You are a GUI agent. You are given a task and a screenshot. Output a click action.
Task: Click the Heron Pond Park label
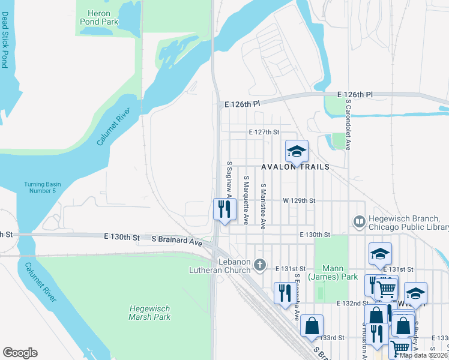point(100,17)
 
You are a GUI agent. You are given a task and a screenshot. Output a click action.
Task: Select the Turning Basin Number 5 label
point(40,188)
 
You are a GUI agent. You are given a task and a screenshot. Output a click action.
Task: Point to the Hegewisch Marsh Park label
point(150,313)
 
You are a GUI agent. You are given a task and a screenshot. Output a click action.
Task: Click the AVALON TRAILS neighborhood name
point(295,167)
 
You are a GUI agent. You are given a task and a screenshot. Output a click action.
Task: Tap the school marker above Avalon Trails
point(296,151)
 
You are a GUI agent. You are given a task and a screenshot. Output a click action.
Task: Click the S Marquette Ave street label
point(246,200)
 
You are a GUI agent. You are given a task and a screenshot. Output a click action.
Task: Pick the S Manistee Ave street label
point(262,206)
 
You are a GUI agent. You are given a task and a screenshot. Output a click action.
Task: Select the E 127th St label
point(265,132)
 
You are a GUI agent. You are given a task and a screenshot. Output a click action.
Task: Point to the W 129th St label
point(299,200)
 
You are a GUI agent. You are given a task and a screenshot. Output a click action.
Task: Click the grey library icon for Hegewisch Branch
point(359,222)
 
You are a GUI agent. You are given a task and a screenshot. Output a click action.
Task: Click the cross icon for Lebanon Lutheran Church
point(260,264)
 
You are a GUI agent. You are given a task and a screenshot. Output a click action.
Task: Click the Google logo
point(20,353)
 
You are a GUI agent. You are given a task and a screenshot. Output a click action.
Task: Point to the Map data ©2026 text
point(424,355)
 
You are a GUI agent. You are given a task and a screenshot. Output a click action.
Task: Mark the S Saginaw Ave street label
point(229,178)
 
